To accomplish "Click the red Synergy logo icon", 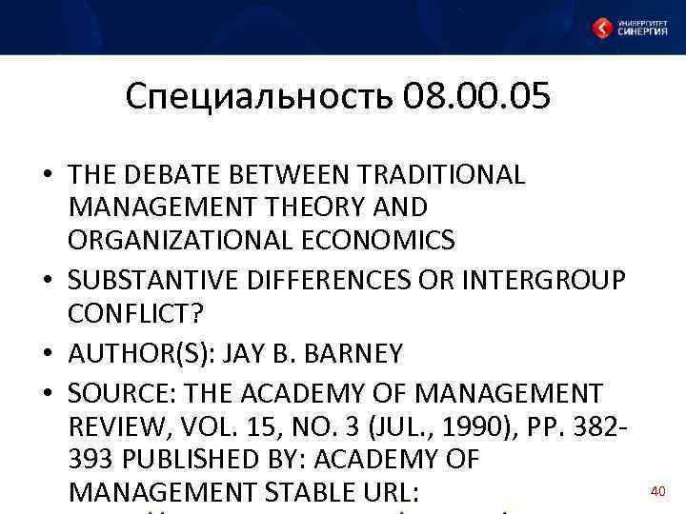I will pyautogui.click(x=601, y=28).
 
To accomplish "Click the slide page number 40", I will pyautogui.click(x=656, y=491).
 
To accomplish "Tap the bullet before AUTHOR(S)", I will pyautogui.click(x=47, y=355).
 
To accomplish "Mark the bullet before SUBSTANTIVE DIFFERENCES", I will pyautogui.click(x=47, y=283).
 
